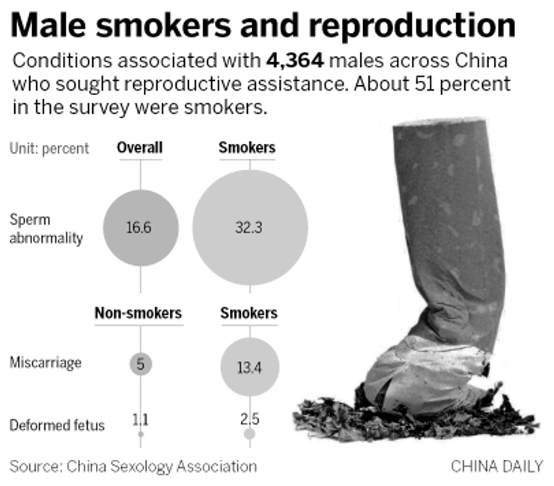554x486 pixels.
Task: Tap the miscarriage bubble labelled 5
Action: pyautogui.click(x=141, y=365)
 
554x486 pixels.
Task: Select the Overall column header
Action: pyautogui.click(x=140, y=148)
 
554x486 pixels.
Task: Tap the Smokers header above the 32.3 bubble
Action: pyautogui.click(x=246, y=148)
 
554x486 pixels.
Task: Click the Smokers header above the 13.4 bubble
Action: pyautogui.click(x=249, y=313)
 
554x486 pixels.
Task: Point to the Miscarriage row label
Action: pyautogui.click(x=46, y=363)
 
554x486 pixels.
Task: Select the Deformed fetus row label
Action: pyautogui.click(x=57, y=425)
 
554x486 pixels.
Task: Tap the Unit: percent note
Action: pyautogui.click(x=49, y=148)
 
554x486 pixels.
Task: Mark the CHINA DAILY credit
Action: pyautogui.click(x=496, y=466)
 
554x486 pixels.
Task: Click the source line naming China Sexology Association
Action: pyautogui.click(x=133, y=466)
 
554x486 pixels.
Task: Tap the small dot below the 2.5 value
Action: pyautogui.click(x=249, y=434)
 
